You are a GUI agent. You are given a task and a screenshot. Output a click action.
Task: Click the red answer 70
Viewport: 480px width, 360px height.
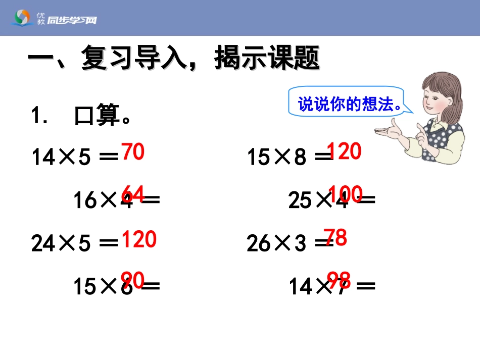[133, 152]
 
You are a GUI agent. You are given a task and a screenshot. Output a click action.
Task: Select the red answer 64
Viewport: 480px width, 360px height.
[133, 193]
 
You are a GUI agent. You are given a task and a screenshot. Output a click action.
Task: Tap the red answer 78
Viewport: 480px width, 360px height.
[335, 237]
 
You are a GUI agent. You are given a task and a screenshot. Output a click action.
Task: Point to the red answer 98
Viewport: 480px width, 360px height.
[339, 279]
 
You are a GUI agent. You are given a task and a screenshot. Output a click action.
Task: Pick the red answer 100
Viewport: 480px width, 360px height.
[345, 193]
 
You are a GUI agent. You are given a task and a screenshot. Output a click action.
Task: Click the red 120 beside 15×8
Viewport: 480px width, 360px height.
[345, 151]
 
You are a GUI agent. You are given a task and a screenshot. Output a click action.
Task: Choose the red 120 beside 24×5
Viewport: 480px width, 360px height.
[139, 239]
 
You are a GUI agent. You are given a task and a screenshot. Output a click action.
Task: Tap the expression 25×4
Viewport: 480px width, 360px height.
[319, 201]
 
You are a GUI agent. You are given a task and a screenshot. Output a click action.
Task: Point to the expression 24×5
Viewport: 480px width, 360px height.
[61, 244]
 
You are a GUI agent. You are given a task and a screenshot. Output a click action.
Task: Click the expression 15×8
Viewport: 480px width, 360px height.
[276, 158]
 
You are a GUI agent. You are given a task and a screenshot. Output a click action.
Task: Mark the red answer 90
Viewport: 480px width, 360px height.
[133, 279]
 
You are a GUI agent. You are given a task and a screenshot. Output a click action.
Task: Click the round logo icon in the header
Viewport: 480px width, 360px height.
[23, 18]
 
